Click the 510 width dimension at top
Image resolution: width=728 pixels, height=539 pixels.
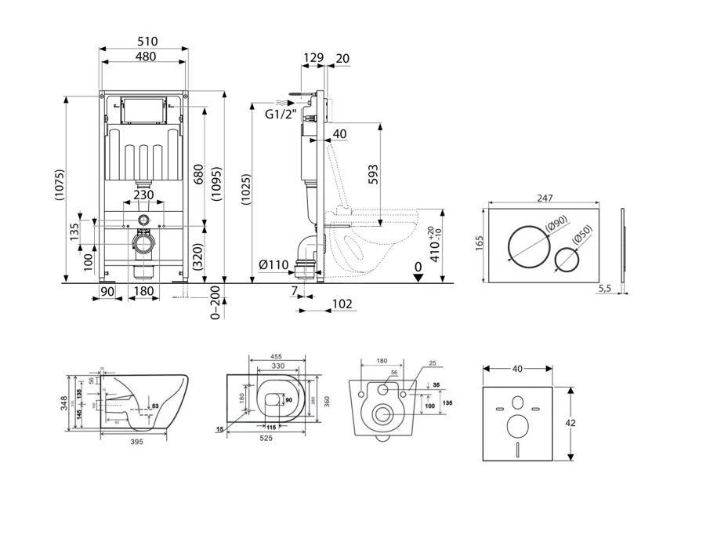[146, 41]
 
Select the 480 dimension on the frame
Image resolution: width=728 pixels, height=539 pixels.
[145, 56]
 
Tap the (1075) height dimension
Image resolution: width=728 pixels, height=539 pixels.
[60, 189]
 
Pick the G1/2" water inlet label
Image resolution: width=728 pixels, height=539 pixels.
[279, 115]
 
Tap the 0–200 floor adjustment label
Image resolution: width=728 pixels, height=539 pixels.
[216, 301]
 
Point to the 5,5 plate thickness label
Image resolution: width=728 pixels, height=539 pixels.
[604, 289]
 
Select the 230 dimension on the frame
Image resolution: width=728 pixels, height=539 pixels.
[143, 195]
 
